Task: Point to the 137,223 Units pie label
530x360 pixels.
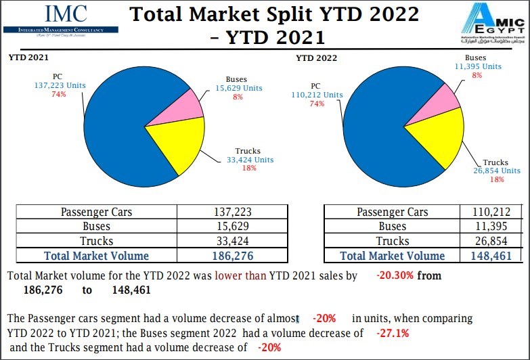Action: tap(60, 85)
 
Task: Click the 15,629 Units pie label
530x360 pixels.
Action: tap(239, 88)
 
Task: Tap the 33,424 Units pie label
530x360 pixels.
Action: tap(250, 160)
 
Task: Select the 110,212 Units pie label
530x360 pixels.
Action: tap(317, 95)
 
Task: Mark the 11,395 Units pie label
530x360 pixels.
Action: tap(478, 66)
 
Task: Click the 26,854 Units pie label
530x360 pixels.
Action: tap(497, 171)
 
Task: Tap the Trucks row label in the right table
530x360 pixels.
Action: tap(393, 241)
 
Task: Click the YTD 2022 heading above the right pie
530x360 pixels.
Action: tap(316, 58)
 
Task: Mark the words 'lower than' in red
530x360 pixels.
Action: tap(240, 275)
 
